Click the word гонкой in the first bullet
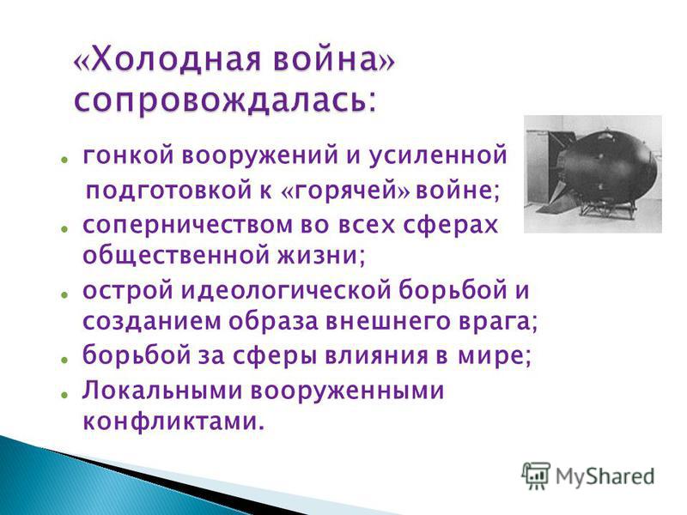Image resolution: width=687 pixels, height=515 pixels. [126, 155]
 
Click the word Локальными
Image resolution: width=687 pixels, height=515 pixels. [162, 390]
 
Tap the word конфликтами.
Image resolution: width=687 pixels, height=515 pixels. [174, 421]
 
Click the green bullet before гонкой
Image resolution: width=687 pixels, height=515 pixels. [64, 159]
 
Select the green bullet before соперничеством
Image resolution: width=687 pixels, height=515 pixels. [64, 228]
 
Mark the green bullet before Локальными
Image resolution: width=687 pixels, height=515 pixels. [64, 394]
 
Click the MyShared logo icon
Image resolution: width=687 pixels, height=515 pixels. [535, 476]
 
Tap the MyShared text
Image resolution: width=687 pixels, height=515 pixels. [605, 476]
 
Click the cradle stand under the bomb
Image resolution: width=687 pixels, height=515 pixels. [608, 209]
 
